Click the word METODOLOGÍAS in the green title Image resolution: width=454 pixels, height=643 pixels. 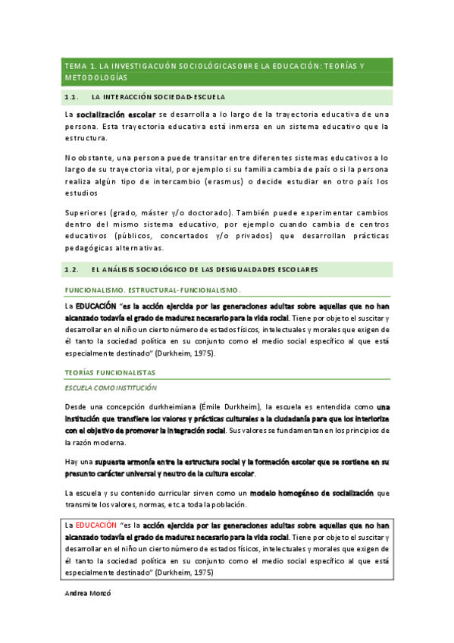pos(96,78)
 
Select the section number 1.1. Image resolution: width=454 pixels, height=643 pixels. pos(73,97)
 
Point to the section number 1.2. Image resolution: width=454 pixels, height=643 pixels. pos(73,269)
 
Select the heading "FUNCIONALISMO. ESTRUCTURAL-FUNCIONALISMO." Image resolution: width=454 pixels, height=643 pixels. pos(153,290)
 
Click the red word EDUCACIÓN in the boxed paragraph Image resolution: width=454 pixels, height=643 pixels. pos(97,525)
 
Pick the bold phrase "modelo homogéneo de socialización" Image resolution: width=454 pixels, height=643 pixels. pos(312,494)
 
